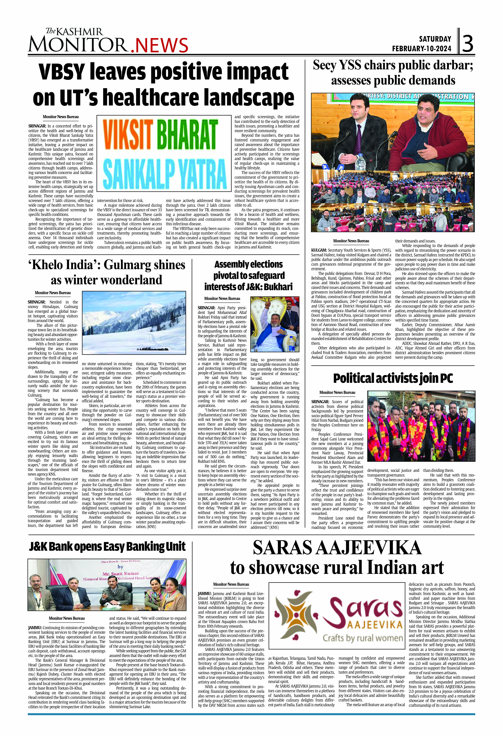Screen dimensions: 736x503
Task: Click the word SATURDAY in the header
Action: point(435,39)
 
